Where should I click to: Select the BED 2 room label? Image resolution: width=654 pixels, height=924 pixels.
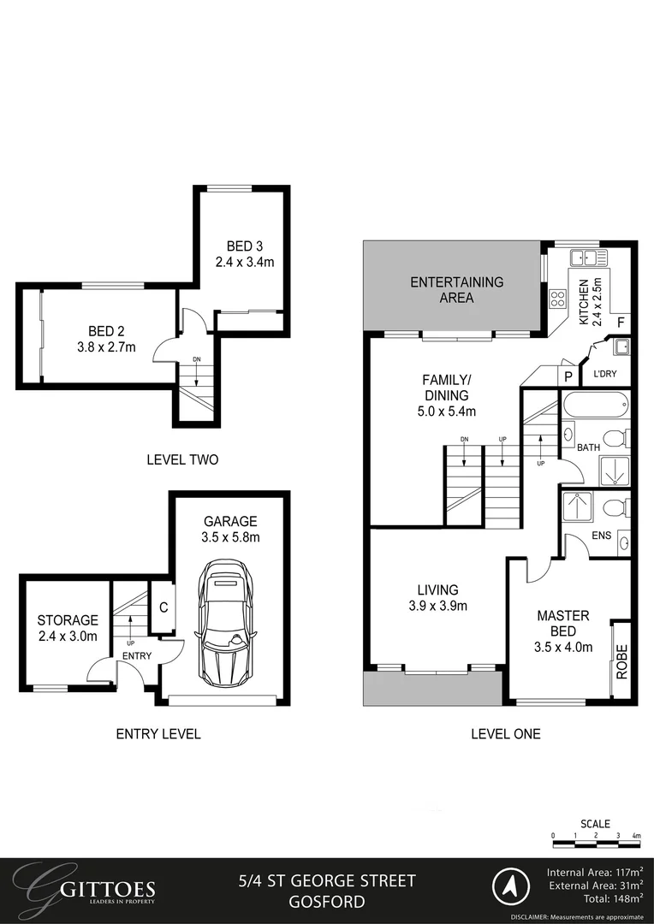pyautogui.click(x=106, y=332)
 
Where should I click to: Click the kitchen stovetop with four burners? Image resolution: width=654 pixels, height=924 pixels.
pyautogui.click(x=557, y=299)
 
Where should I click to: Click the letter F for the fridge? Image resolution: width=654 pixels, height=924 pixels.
pyautogui.click(x=621, y=323)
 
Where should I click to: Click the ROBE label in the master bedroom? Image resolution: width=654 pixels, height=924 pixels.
pyautogui.click(x=622, y=661)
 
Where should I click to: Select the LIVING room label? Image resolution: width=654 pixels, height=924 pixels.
pyautogui.click(x=437, y=589)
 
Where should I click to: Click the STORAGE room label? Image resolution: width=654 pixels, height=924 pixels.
pyautogui.click(x=67, y=620)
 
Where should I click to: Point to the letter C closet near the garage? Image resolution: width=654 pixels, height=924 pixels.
pyautogui.click(x=163, y=609)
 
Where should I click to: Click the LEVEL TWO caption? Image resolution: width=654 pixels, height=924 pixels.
pyautogui.click(x=182, y=459)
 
